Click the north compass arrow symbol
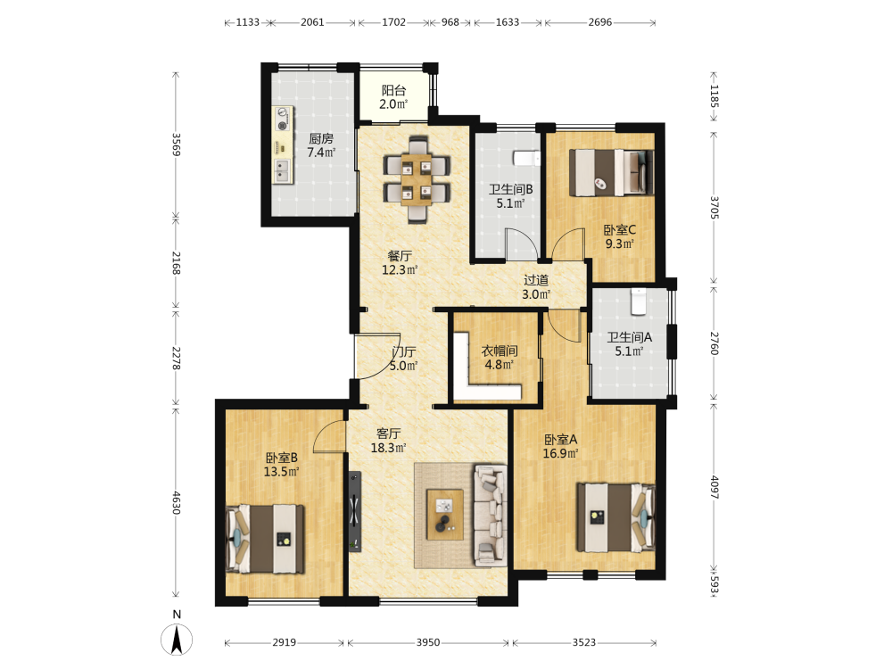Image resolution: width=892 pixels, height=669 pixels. click(177, 640)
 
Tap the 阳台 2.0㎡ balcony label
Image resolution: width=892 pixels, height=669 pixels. click(393, 97)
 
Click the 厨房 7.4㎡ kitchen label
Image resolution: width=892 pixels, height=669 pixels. click(321, 145)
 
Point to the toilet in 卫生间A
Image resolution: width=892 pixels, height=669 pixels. click(639, 301)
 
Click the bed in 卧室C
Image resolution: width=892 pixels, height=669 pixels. click(612, 172)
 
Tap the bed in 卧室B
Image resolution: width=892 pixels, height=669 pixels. click(265, 539)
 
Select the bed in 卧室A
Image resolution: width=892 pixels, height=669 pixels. click(615, 517)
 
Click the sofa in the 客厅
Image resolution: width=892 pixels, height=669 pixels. click(491, 516)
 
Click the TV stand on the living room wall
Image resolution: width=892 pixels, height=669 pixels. click(355, 511)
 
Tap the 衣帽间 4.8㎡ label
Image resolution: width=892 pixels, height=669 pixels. click(499, 358)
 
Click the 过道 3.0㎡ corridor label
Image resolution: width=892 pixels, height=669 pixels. click(536, 286)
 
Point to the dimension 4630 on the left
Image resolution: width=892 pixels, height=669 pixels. click(177, 503)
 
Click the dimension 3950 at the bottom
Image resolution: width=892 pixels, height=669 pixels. click(428, 642)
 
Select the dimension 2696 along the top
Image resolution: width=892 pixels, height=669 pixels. click(600, 22)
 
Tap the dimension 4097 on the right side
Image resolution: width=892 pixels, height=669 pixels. click(714, 487)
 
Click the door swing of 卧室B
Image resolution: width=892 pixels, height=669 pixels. click(329, 437)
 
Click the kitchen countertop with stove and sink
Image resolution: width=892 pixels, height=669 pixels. click(283, 145)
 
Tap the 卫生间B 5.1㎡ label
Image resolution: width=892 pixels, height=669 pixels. click(510, 196)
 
